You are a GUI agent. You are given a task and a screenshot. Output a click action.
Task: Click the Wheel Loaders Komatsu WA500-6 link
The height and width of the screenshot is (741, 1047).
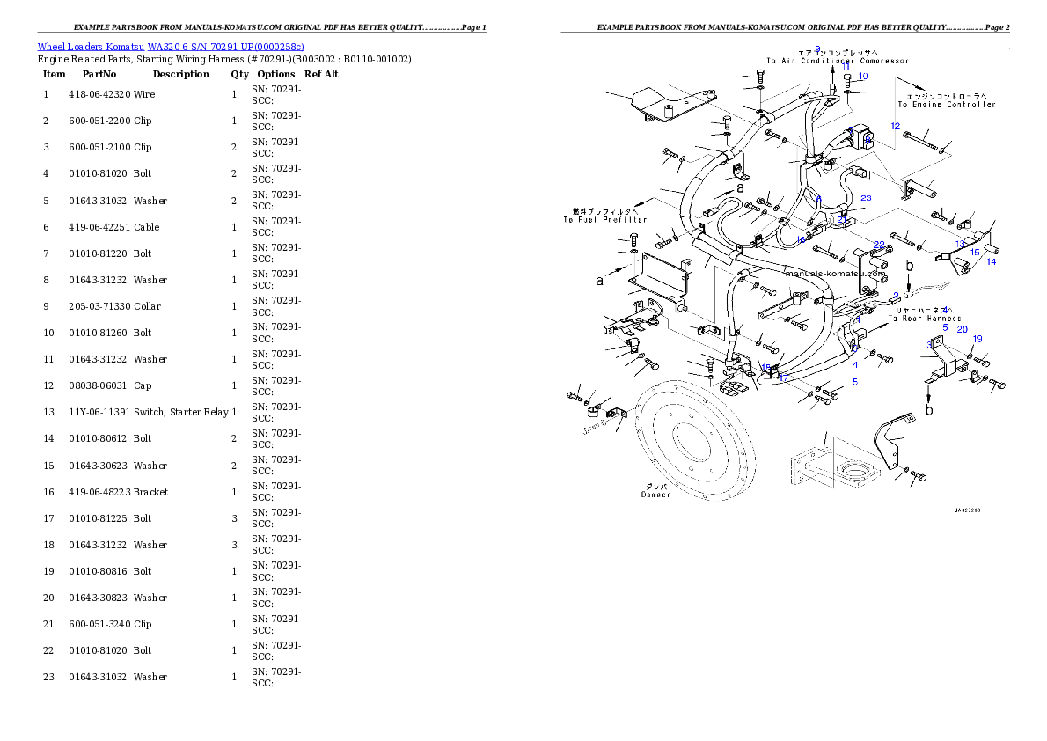(x=171, y=47)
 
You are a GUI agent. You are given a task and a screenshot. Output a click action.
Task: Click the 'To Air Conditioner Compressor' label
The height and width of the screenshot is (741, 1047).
(x=837, y=61)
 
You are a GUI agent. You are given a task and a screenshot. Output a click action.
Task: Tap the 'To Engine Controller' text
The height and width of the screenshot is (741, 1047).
(x=946, y=104)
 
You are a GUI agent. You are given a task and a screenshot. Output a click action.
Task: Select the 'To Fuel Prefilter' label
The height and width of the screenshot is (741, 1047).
(x=605, y=219)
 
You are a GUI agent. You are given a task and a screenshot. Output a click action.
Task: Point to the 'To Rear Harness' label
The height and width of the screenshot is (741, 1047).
(x=924, y=318)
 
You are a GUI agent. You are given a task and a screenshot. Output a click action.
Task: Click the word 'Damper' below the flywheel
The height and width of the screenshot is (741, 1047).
(x=655, y=495)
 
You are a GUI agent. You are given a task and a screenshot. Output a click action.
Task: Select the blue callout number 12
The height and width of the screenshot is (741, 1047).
(x=895, y=126)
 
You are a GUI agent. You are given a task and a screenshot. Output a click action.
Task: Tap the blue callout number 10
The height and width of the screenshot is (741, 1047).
(x=863, y=77)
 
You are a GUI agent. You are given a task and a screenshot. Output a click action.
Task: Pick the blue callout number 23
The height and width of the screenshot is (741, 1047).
(x=866, y=198)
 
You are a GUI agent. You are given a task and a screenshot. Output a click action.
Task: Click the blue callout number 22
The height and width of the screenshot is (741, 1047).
(x=879, y=244)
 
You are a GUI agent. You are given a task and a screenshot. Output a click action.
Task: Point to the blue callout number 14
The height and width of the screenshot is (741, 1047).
(x=991, y=261)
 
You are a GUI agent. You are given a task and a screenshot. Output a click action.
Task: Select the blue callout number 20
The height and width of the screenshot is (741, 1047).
(x=963, y=329)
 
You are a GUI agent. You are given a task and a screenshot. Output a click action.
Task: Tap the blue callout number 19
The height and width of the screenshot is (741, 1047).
(x=977, y=339)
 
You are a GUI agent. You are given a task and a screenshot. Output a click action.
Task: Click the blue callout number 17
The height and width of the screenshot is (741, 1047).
(x=783, y=378)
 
